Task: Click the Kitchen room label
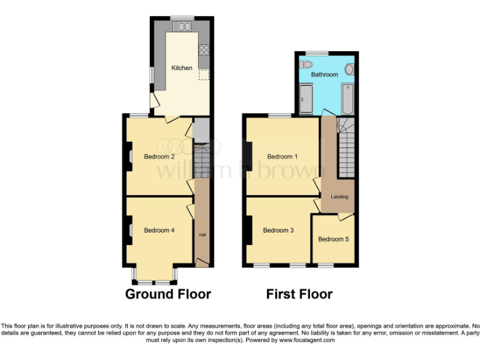(182, 67)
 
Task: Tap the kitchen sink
(184, 26)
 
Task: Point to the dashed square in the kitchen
(204, 75)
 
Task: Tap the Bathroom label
(325, 74)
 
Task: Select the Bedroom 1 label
(280, 156)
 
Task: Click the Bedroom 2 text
(159, 156)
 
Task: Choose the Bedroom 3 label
(278, 230)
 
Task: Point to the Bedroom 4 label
(159, 230)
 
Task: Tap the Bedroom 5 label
(333, 239)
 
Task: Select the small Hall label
(202, 235)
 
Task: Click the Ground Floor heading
(168, 294)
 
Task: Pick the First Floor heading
(299, 294)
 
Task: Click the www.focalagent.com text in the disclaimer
(307, 340)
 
